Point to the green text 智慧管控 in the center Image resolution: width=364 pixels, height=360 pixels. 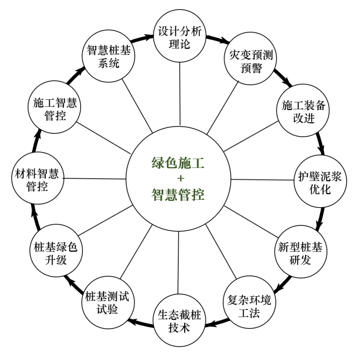(x=178, y=195)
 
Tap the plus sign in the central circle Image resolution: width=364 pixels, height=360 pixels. (x=179, y=179)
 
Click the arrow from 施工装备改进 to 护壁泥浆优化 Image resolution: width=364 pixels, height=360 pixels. (x=320, y=145)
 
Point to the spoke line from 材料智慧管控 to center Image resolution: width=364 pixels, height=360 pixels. (x=95, y=179)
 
